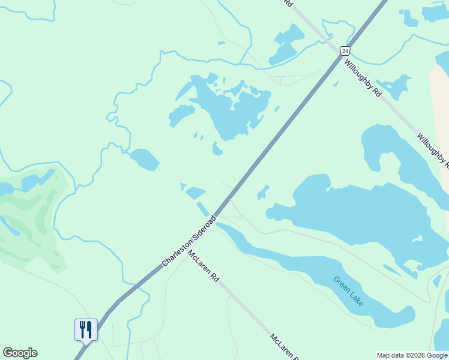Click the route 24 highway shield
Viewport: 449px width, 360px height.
345,51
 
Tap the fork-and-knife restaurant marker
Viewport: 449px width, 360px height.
86,329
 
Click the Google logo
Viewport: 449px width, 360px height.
20,353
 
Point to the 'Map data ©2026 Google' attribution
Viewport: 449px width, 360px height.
412,355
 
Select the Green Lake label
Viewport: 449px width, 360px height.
348,291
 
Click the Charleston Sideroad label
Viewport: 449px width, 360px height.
188,241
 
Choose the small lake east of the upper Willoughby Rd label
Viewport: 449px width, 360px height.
395,87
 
